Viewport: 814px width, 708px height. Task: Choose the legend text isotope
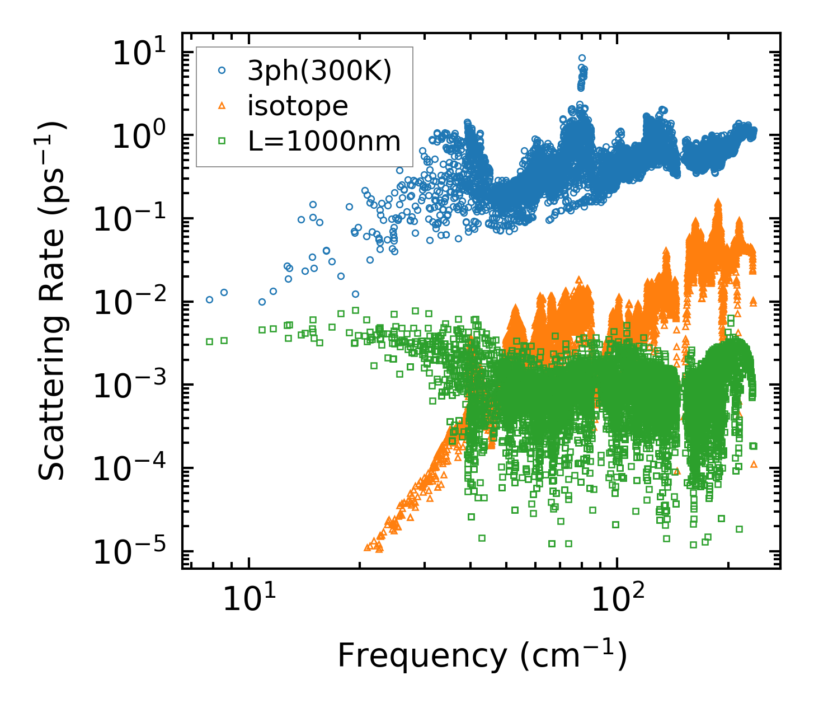point(298,106)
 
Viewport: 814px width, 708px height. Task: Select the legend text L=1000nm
point(324,142)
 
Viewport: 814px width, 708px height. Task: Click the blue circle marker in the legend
point(222,71)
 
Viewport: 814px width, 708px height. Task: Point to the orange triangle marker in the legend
point(222,106)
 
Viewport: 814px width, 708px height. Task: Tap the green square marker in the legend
point(222,142)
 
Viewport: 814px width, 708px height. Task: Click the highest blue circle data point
point(582,58)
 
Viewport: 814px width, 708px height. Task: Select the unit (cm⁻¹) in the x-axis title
point(573,656)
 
